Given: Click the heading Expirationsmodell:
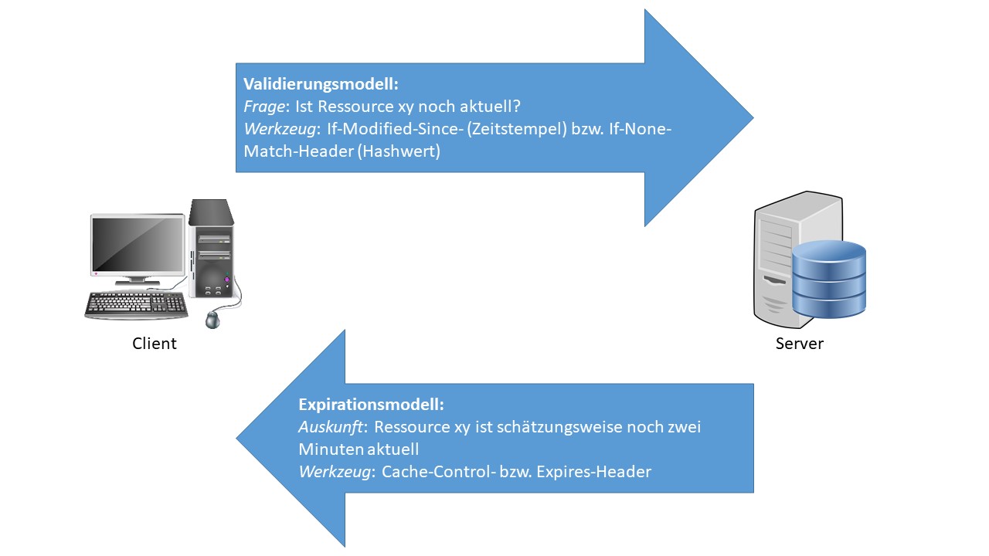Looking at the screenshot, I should (371, 404).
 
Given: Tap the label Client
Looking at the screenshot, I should (155, 344).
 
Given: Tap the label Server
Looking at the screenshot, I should (800, 344).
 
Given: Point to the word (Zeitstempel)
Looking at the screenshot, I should (511, 130).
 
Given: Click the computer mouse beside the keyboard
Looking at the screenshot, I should (213, 317).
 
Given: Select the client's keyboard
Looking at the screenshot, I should (136, 303).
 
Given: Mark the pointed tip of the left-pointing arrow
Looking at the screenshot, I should (238, 438).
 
